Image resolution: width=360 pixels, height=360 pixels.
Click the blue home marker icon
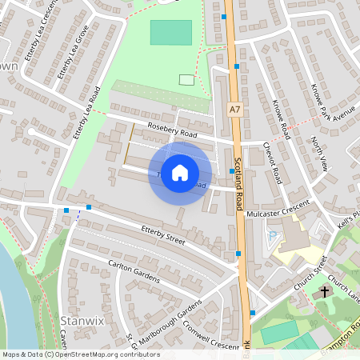click(180, 172)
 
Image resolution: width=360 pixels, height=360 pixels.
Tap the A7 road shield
click(234, 109)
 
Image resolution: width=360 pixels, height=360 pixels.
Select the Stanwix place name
click(78, 322)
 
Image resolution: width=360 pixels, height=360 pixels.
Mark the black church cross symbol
click(325, 292)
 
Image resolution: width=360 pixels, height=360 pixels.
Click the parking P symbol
click(273, 235)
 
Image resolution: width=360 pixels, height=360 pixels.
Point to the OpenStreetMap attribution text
click(81, 354)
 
